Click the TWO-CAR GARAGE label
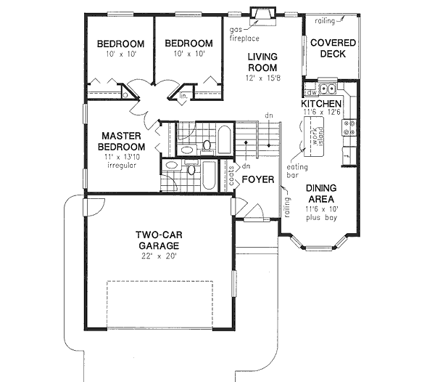158,240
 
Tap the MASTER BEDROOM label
120,141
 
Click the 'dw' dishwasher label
310,92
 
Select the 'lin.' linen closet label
184,94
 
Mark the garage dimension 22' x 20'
158,255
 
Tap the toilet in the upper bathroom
207,145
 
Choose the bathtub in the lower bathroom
210,175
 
